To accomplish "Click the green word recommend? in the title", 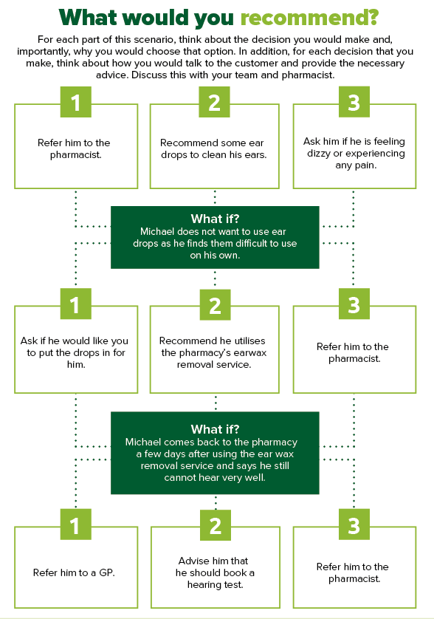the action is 309,18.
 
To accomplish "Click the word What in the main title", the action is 89,17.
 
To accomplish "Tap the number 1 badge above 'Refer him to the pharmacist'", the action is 76,102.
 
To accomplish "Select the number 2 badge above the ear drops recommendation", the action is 214,102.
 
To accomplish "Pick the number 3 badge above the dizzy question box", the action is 354,102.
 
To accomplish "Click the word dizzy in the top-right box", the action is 319,153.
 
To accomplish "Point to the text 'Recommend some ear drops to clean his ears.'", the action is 213,148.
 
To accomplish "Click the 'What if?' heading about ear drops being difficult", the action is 215,219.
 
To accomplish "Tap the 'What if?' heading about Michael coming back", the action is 215,428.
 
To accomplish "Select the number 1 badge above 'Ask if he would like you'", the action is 76,304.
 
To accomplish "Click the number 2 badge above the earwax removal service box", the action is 215,304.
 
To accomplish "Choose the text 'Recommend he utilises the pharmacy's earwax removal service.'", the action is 213,352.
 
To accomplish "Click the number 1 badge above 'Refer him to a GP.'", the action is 76,524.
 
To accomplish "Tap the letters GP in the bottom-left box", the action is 106,572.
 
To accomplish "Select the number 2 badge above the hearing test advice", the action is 216,525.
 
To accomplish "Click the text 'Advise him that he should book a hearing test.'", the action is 214,572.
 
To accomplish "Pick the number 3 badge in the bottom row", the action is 354,524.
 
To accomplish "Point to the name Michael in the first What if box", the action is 157,231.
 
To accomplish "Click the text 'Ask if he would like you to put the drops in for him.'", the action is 75,352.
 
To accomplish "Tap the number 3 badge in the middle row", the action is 354,304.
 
